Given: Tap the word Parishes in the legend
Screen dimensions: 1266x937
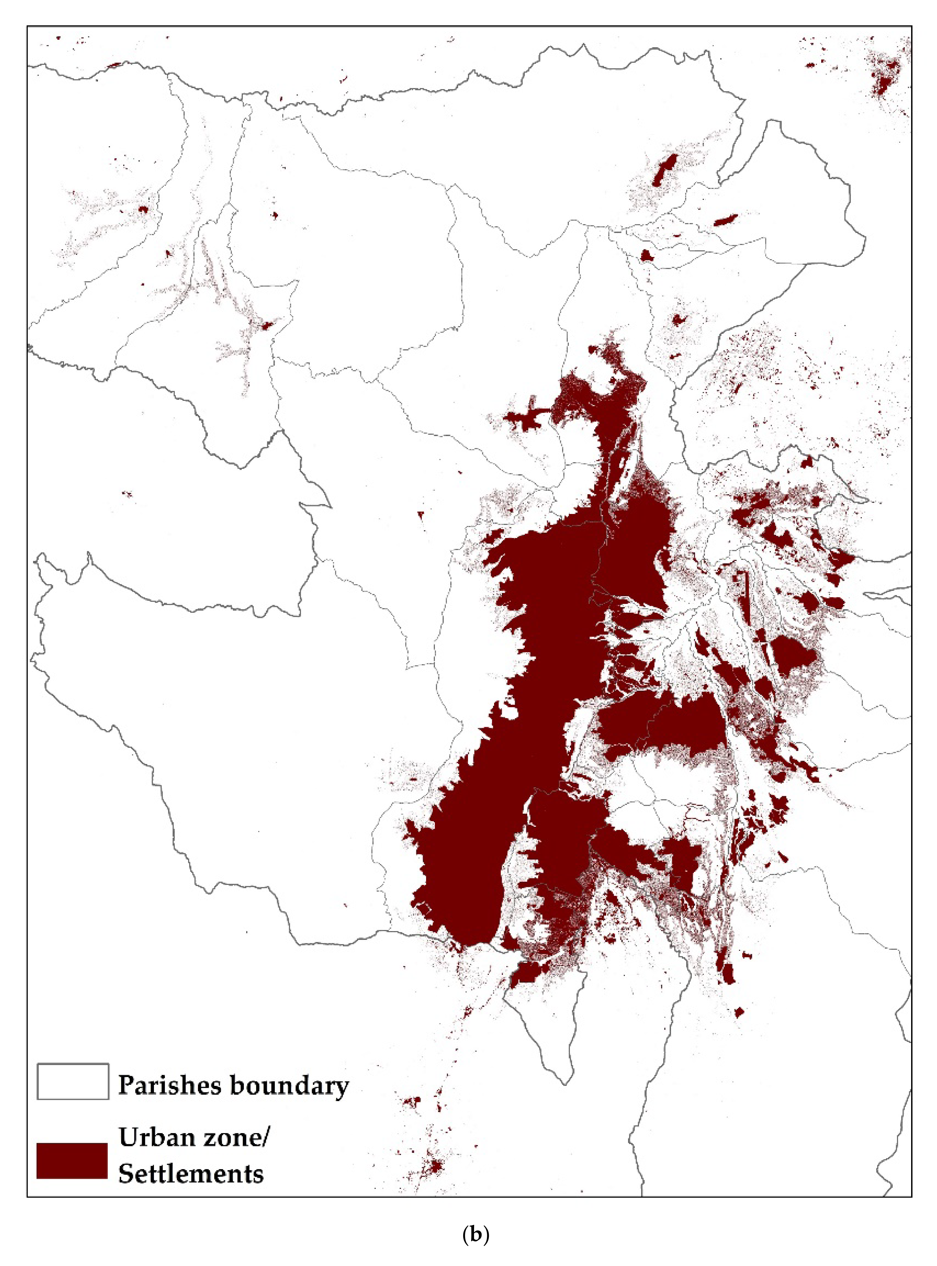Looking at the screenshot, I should click(170, 1085).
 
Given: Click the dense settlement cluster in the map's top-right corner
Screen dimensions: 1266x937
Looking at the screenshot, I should click(885, 80).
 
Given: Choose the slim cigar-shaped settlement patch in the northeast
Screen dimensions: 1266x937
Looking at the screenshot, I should click(725, 220).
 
